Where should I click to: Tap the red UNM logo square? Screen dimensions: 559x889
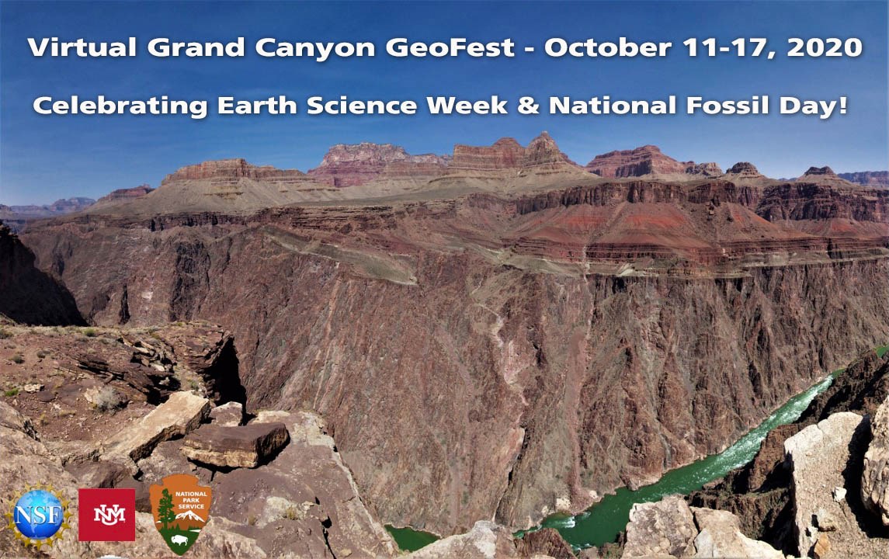click(x=106, y=514)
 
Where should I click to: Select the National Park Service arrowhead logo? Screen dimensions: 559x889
click(x=179, y=513)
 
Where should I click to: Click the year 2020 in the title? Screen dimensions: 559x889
click(x=824, y=47)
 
